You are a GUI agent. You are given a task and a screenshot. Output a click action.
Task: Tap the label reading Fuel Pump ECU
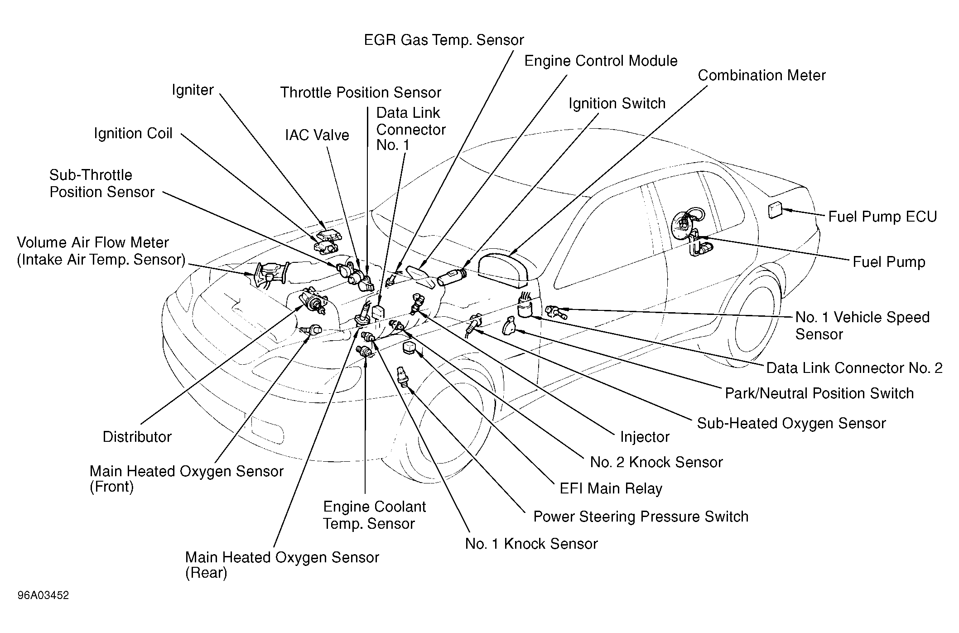[x=882, y=217]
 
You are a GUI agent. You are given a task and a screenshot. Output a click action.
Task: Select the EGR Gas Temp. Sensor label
[x=444, y=40]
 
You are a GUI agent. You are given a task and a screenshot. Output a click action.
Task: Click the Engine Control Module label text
[x=601, y=61]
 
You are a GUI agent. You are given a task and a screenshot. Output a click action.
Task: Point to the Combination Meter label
[x=761, y=75]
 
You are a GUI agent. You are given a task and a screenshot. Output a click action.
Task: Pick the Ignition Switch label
[x=617, y=103]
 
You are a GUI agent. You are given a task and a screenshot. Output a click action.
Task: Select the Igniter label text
[x=193, y=90]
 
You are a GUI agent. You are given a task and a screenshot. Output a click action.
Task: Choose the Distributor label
[x=137, y=437]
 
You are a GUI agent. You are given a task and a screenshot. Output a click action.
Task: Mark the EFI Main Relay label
[x=611, y=488]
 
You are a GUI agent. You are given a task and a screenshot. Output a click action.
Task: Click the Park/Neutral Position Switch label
[x=819, y=393]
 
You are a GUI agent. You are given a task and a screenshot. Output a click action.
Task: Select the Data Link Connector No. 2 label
[x=854, y=367]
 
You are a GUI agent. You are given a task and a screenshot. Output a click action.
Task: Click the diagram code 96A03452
[x=43, y=595]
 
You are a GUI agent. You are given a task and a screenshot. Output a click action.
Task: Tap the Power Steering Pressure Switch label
[x=641, y=517]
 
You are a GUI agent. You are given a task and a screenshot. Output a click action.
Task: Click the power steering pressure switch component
[x=402, y=376]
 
